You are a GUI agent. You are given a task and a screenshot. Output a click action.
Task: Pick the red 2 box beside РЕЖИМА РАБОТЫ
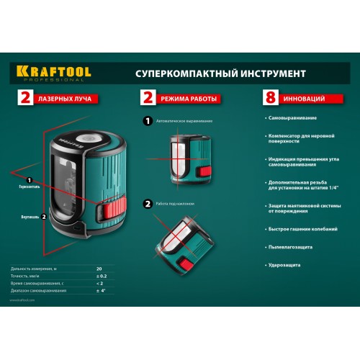point(148,97)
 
